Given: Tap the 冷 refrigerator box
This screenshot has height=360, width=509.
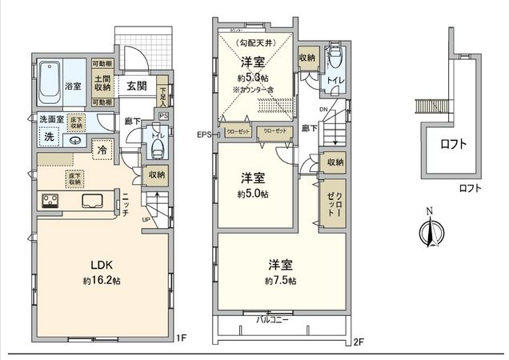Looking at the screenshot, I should [x=103, y=149].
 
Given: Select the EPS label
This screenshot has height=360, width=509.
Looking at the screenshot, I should [x=203, y=134].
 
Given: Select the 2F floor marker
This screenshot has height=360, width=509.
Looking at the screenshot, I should [x=358, y=342].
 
